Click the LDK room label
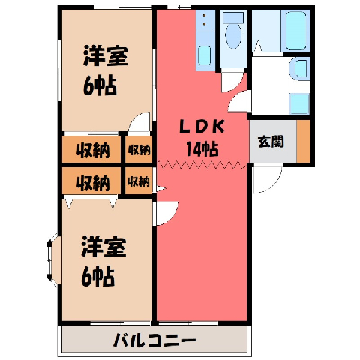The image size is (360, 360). point(202,127)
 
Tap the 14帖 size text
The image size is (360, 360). point(202,149)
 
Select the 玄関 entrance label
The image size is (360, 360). point(271,142)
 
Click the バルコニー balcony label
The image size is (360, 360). point(154,340)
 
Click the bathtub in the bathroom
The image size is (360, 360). point(296,31)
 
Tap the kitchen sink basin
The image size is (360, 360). point(205,55)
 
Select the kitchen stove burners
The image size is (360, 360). point(205,20)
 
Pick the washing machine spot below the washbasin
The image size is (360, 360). point(299,104)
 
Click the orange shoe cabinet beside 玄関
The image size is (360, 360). point(304,142)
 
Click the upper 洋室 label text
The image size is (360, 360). point(106,55)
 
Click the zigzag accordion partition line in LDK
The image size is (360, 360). point(202,165)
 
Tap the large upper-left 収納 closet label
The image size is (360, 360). point(93,151)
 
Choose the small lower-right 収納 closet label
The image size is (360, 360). point(139,181)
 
